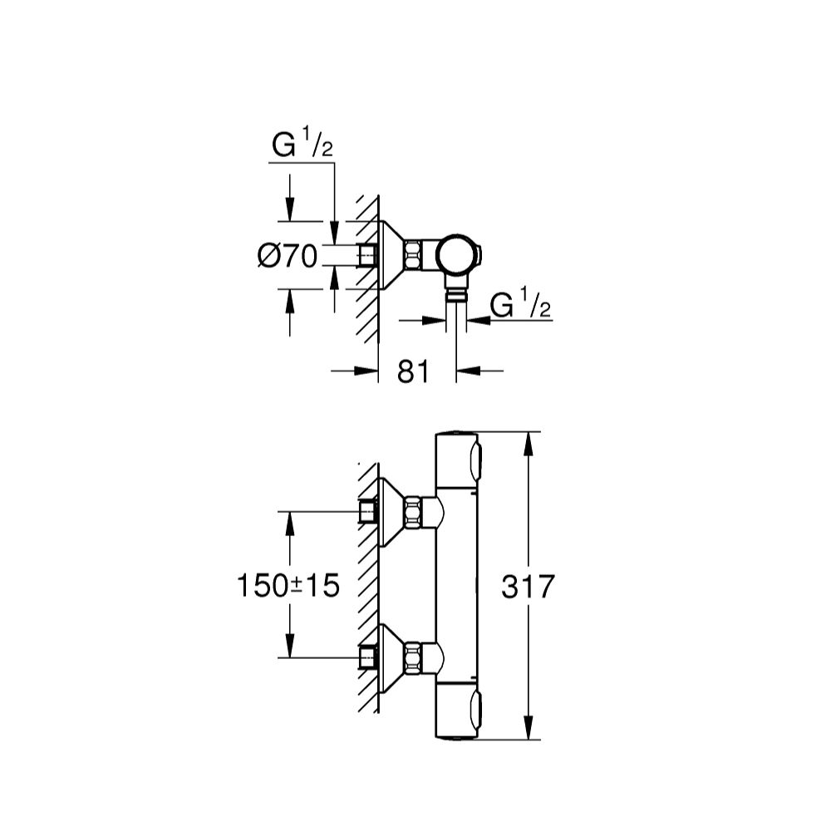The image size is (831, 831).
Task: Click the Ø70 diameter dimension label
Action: click(288, 257)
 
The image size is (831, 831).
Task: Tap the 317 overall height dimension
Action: click(528, 587)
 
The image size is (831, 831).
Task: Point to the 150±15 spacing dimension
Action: click(288, 586)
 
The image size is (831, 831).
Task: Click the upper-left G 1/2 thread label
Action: click(302, 143)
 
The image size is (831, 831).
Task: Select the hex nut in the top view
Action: click(414, 255)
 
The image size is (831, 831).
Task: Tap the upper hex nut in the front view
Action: click(414, 512)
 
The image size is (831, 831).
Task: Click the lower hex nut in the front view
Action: click(414, 657)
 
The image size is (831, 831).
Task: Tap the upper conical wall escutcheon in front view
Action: click(392, 512)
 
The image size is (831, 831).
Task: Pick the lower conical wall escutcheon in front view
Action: click(392, 657)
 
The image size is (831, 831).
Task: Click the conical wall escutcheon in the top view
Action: click(392, 255)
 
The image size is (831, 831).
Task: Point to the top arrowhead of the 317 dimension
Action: click(529, 444)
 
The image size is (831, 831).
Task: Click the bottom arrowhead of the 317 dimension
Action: click(529, 727)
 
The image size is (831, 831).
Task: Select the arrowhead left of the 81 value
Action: click(366, 371)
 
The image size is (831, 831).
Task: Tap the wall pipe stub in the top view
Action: click(368, 255)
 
